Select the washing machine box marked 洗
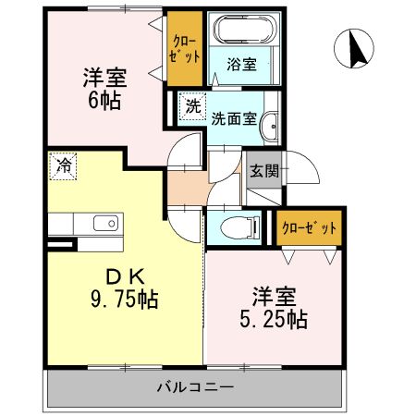coord(191,106)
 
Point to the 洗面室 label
coord(231,118)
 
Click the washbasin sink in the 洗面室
coord(271,128)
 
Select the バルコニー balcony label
coord(194,385)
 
